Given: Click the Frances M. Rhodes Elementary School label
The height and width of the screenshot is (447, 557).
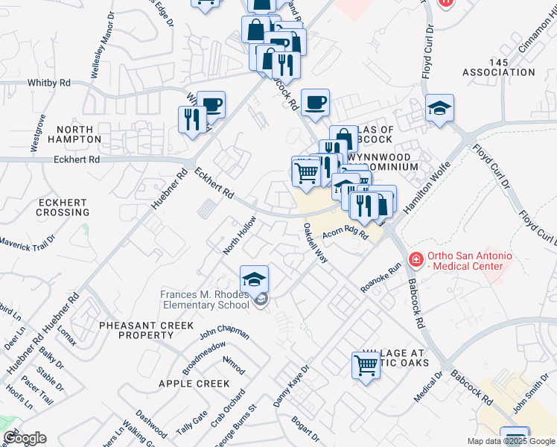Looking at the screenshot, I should (x=205, y=299).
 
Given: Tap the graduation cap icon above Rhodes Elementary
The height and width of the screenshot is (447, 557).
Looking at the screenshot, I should (x=254, y=279).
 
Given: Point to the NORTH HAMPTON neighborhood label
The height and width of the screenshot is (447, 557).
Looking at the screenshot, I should (x=74, y=134).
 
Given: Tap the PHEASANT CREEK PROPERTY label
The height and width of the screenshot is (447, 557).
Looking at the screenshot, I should (x=146, y=331).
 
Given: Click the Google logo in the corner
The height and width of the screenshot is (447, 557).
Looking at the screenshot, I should (x=25, y=438).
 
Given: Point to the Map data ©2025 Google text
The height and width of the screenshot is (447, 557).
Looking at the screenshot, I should (x=511, y=441).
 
